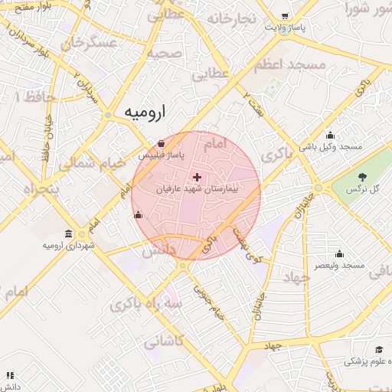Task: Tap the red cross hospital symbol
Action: tap(198, 177)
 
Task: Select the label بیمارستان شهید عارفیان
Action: tap(198, 188)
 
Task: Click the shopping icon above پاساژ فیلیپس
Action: tap(160, 143)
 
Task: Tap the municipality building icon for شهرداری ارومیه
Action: tap(69, 234)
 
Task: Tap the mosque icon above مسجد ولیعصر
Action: tap(340, 254)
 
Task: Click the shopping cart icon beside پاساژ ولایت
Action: tap(285, 16)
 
